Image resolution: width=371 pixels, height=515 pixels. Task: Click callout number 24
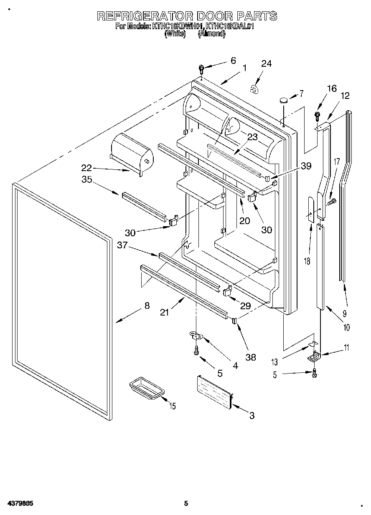click(x=266, y=63)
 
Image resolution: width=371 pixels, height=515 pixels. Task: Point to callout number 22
click(x=86, y=168)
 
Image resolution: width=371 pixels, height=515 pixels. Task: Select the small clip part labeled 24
click(x=254, y=89)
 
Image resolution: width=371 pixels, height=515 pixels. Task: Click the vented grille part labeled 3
click(x=214, y=391)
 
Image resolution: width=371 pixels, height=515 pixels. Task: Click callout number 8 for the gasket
click(x=146, y=305)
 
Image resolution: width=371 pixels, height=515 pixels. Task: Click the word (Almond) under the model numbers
click(x=212, y=34)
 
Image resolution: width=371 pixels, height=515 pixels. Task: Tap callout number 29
click(x=245, y=305)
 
